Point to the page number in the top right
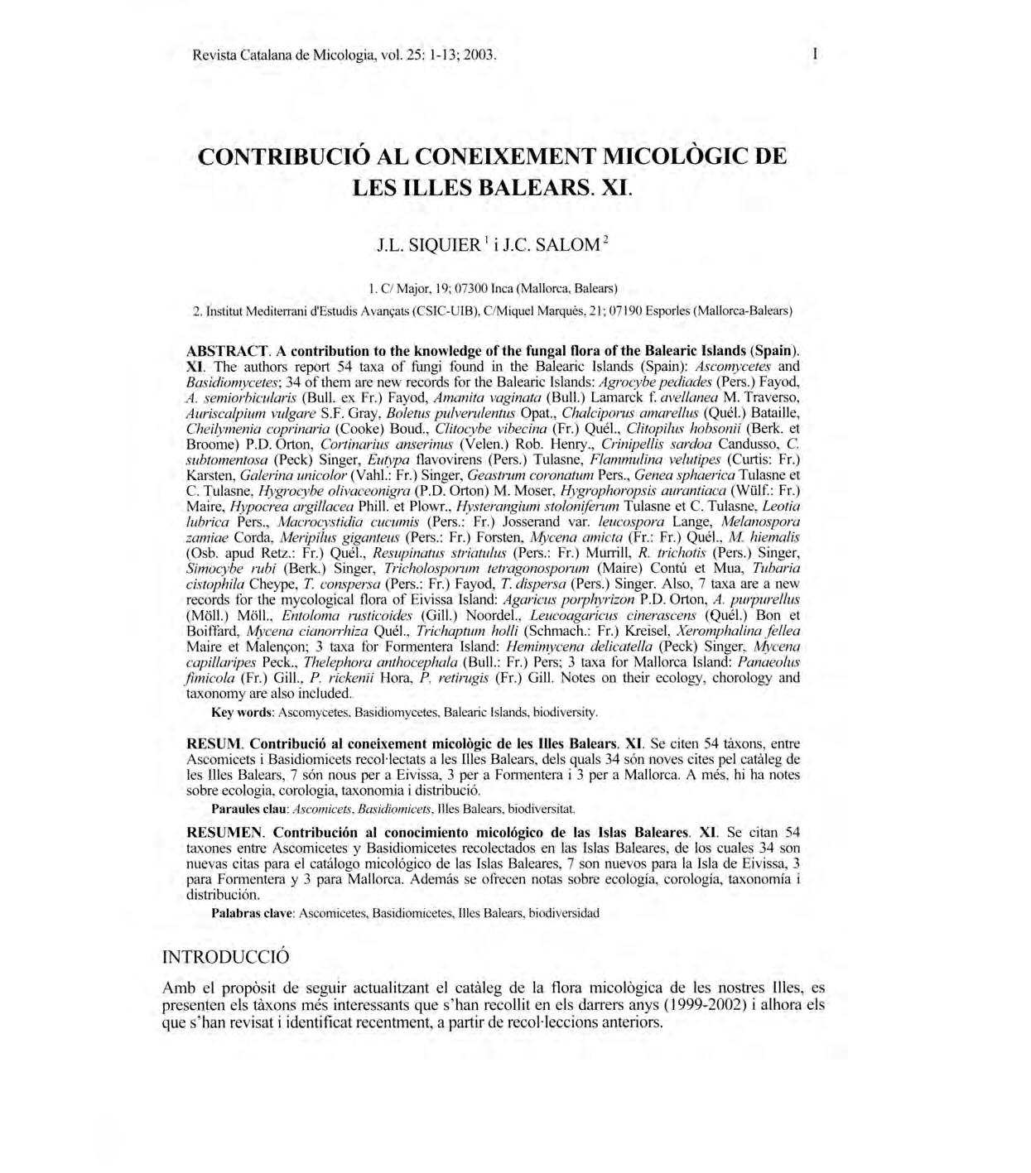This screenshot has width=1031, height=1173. coord(817,55)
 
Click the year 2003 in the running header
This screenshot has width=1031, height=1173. coord(479,56)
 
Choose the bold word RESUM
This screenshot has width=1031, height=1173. coord(214,743)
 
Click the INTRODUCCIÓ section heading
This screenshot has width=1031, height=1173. coord(225,957)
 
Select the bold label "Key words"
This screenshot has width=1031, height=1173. coord(242,712)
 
